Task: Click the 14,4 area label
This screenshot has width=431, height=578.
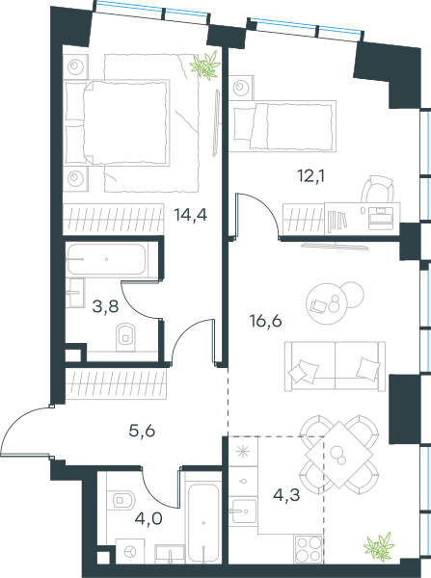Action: point(190,215)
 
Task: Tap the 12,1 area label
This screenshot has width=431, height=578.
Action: point(311,176)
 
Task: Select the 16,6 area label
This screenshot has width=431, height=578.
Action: point(266,321)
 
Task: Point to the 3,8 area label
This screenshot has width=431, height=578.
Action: point(105,306)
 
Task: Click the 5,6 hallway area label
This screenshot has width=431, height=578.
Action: point(142,431)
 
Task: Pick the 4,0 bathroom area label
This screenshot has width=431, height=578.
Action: point(148,518)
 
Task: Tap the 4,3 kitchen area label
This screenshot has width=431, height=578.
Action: point(286,495)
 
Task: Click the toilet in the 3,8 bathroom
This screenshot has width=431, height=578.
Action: point(125,337)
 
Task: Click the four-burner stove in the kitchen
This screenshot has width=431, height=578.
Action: point(309,549)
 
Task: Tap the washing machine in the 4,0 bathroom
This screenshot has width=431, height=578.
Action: point(130,551)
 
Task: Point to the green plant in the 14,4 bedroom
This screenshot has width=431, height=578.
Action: point(205,66)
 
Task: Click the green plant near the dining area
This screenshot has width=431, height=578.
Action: point(379,547)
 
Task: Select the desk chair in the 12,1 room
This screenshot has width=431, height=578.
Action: point(378,189)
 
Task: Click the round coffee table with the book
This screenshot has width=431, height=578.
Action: point(327,303)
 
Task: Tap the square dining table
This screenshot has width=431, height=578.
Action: point(339,455)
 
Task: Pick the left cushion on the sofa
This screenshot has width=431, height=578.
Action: point(304,371)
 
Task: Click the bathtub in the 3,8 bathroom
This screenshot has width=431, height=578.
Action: point(106,259)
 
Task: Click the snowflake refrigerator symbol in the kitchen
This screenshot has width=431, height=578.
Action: point(243,451)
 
